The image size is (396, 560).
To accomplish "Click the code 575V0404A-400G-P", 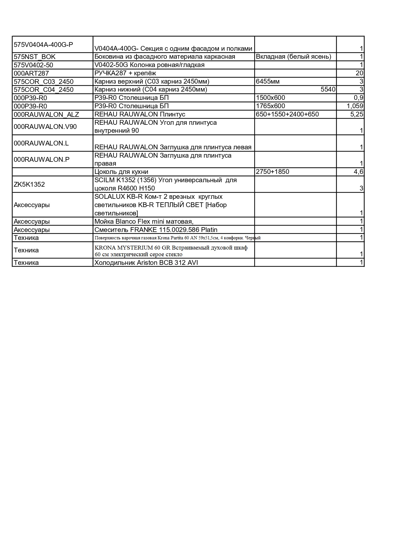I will [x=43, y=45].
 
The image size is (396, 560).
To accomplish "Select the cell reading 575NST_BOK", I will [x=35, y=57].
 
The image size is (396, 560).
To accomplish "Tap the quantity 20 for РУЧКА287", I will [x=359, y=73].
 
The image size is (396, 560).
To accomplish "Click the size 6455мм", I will [x=268, y=81].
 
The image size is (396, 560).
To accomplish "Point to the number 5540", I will [x=328, y=89].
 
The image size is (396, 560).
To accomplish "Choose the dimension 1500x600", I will [x=271, y=98].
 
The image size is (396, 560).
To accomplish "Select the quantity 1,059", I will [x=355, y=106].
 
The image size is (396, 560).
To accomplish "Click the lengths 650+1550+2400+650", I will [x=287, y=114].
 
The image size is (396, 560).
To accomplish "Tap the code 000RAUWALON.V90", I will [x=45, y=127].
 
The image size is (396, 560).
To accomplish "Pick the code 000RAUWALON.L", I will [x=41, y=143].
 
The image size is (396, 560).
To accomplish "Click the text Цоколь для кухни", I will [x=121, y=172].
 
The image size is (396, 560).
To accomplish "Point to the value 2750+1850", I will [x=273, y=172].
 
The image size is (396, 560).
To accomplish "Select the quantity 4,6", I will [x=358, y=172].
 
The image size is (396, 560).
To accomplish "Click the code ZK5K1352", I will [x=29, y=184].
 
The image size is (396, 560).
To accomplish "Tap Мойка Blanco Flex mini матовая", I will [x=144, y=221].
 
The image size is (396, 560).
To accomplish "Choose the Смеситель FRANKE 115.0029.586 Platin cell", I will [x=156, y=230].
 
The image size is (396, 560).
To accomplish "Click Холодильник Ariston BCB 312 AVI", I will [x=146, y=263].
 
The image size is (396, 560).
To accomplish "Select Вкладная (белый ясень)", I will [x=294, y=57].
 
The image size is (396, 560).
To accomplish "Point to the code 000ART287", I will [x=31, y=73].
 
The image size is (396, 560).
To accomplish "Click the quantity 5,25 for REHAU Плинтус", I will [x=357, y=114].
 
